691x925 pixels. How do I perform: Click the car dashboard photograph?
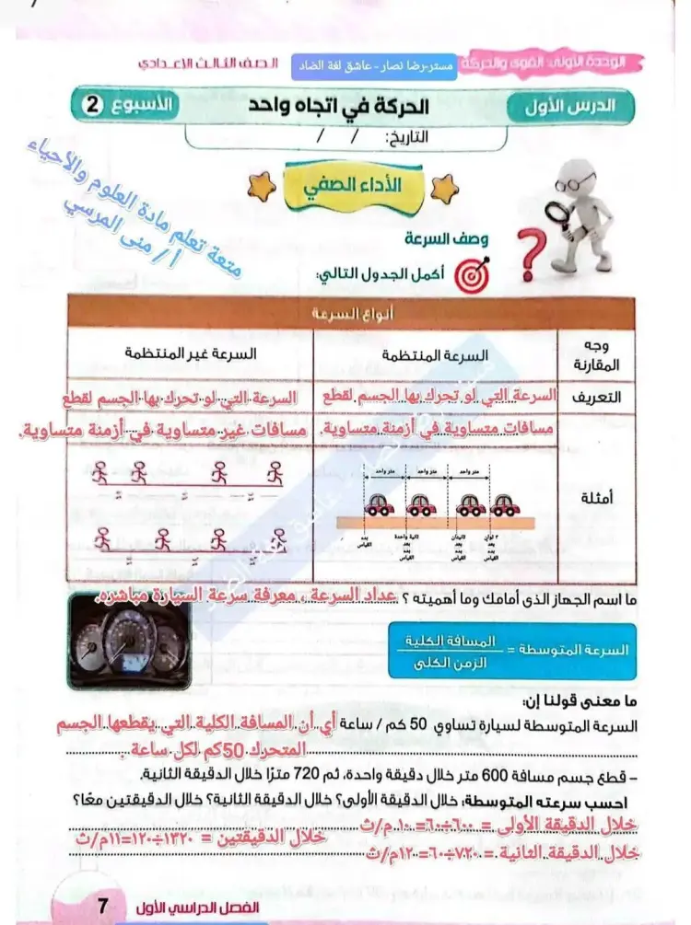(x=130, y=642)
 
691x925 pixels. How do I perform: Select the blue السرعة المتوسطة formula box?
(x=509, y=649)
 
